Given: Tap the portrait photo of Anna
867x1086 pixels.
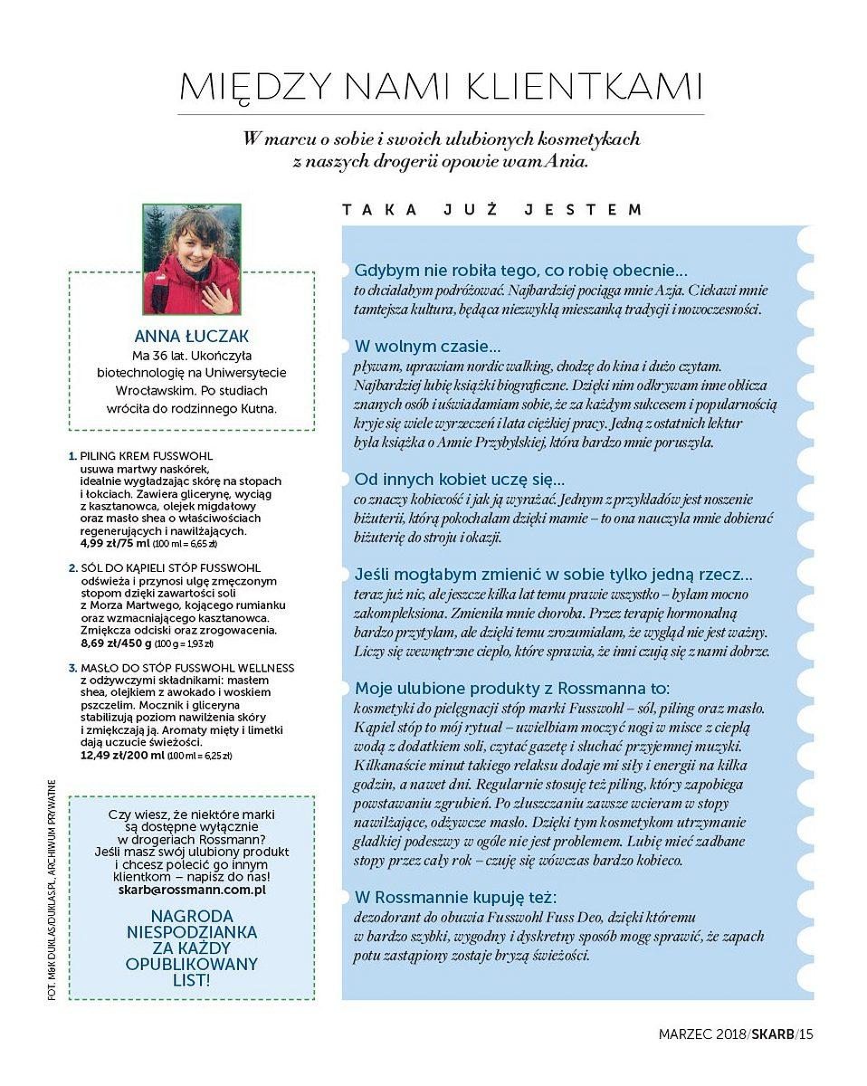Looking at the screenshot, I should tap(192, 259).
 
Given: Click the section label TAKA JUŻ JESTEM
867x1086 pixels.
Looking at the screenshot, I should tap(492, 210).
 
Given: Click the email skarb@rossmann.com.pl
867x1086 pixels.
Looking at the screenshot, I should tap(192, 890).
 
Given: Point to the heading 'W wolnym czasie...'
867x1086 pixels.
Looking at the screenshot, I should tap(428, 347).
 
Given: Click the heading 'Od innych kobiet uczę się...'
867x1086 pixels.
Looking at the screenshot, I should tap(460, 479).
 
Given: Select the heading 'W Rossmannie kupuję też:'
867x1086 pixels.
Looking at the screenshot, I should tap(455, 897).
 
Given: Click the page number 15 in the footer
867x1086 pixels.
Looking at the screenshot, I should tap(805, 1034).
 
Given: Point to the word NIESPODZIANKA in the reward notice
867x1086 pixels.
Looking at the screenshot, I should tap(192, 931).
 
